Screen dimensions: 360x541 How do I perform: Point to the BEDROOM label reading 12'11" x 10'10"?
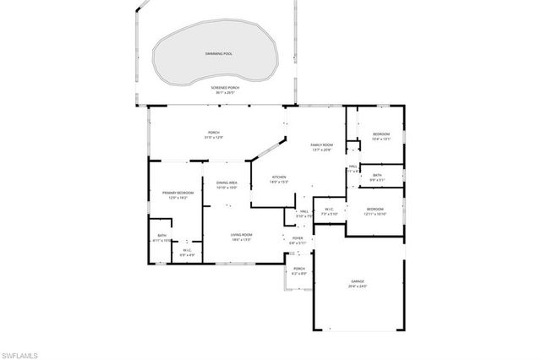[x=374, y=210]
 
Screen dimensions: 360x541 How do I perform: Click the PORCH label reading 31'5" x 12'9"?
[x=214, y=134]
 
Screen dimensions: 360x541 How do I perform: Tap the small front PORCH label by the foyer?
[x=299, y=271]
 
